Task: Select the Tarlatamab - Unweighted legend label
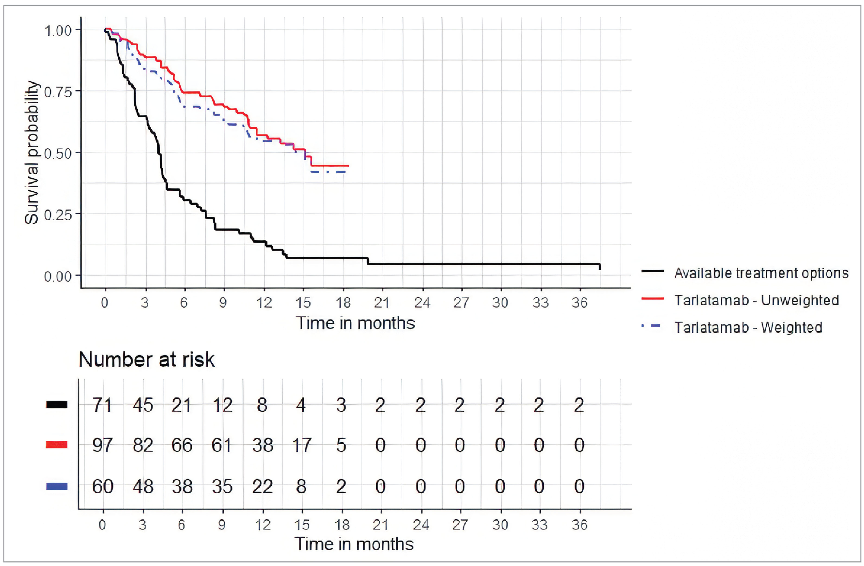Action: (x=756, y=300)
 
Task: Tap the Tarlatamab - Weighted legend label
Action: (x=748, y=327)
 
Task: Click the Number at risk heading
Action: (x=146, y=360)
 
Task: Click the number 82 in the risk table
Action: (x=143, y=445)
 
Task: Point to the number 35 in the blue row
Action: (x=222, y=486)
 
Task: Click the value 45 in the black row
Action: (x=143, y=405)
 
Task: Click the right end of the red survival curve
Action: (x=348, y=166)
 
